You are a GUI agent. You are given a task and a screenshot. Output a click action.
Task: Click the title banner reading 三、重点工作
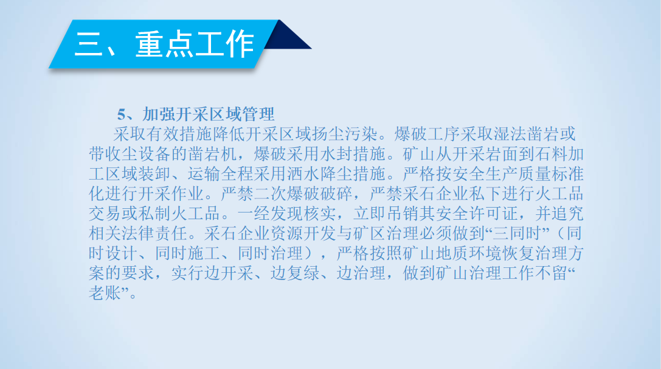pyautogui.click(x=164, y=44)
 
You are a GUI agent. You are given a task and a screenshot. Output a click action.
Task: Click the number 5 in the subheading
pyautogui.click(x=122, y=114)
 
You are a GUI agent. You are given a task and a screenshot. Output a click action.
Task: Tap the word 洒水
pyautogui.click(x=303, y=174)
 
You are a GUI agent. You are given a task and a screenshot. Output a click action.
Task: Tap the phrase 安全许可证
pyautogui.click(x=477, y=214)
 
